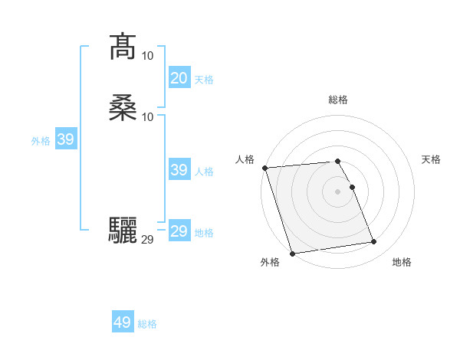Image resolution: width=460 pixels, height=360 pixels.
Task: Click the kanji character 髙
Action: pos(123,47)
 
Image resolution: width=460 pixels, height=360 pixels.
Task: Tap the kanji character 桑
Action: pos(123,108)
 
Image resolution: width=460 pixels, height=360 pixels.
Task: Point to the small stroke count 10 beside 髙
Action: pos(148,55)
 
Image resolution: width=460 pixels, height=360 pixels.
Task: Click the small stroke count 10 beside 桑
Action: pos(148,116)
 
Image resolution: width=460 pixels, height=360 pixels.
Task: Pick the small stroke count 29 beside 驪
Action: pos(148,239)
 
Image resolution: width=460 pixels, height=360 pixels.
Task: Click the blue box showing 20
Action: pos(179,78)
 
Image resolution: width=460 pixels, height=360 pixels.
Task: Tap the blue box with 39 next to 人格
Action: pos(179,170)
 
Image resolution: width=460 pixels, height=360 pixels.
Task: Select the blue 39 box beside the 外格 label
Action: pos(65,139)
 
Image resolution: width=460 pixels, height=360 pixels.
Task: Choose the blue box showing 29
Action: pos(179,231)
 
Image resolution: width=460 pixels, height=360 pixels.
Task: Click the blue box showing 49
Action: pos(123,322)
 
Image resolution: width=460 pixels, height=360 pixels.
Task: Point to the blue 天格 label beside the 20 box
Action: pos(204,80)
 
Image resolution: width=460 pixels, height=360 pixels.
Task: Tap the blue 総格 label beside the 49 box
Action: pos(148,324)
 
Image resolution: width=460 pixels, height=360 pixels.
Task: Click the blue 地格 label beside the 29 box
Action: pos(204,233)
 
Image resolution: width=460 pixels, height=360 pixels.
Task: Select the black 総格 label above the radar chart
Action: pos(338,100)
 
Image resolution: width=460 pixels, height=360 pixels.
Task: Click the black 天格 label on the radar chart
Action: pos(431,159)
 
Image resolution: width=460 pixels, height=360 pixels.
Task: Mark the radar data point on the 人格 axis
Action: pos(264,168)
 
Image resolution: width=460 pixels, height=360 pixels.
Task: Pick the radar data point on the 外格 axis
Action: pos(292,253)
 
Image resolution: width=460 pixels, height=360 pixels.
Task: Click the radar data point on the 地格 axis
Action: pos(374,242)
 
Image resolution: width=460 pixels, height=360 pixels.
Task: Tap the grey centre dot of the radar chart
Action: pos(338,191)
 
